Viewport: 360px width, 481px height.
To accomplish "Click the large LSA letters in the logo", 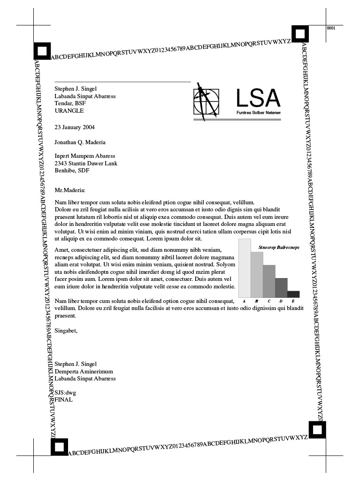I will [258, 98].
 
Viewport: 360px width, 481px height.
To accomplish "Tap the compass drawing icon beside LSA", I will [206, 101].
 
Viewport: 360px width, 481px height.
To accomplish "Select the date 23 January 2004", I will [75, 127].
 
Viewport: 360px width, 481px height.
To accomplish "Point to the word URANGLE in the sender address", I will [69, 111].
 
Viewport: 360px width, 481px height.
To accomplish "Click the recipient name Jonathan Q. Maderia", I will [80, 142].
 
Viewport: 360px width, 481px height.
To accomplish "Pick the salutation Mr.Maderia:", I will [70, 190].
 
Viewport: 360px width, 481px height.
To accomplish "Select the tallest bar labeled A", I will [245, 268].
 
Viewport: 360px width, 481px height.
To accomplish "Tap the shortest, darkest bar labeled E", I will [293, 294].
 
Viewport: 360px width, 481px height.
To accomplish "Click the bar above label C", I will [269, 281].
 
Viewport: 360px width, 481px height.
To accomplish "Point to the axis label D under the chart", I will [281, 301].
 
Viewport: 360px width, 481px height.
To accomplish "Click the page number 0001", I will [331, 28].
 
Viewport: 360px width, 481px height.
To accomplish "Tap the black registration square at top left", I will [42, 51].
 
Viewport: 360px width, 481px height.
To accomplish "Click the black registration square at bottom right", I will [317, 430].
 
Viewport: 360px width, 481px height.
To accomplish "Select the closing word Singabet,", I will [66, 331].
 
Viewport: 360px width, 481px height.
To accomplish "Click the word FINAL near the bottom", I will [64, 400].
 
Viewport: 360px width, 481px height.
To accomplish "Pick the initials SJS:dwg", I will [65, 393].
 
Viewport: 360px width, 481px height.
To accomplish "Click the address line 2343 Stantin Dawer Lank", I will [86, 163].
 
